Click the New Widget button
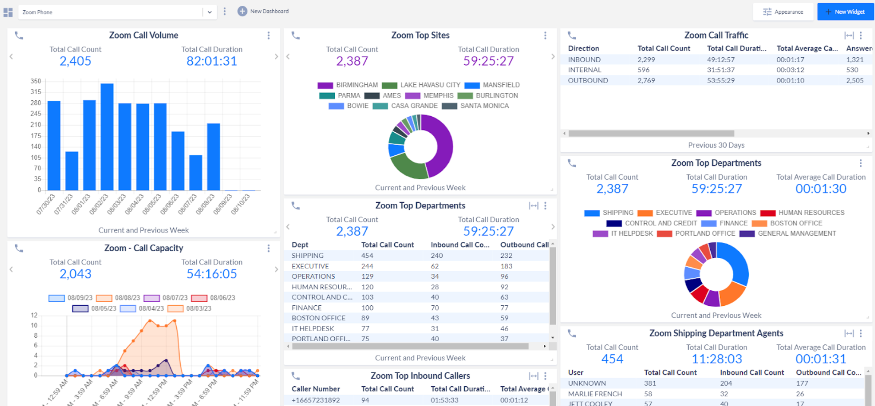(845, 12)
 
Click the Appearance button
(783, 12)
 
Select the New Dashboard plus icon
(242, 11)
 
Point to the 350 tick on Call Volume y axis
(36, 81)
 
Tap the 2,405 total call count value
(75, 61)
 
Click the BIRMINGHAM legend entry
(356, 85)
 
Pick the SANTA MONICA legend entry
(484, 106)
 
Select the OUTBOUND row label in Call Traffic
(587, 80)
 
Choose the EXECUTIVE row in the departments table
(310, 266)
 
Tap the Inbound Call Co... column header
(459, 245)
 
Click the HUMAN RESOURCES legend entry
(811, 213)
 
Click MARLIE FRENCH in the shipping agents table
(595, 394)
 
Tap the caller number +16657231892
(316, 400)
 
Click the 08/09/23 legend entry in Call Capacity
(79, 298)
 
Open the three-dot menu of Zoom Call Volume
(268, 36)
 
